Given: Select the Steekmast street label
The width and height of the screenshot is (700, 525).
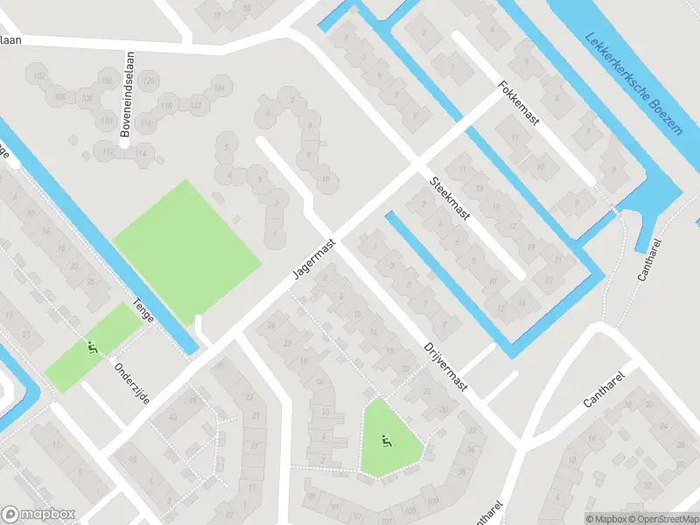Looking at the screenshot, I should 450,199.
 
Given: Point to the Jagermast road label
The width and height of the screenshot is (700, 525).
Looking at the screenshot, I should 314,260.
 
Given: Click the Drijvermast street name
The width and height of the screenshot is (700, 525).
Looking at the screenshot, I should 446,366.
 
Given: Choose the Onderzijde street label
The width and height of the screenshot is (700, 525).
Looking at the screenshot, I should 132,384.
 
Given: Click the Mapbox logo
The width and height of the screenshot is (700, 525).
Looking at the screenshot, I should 38,514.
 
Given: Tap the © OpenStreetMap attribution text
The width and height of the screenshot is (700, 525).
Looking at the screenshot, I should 656,519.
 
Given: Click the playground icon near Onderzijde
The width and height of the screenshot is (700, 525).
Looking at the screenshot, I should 92,348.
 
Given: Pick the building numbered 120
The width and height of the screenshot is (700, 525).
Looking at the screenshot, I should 149,82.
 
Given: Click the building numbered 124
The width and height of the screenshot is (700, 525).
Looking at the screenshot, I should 220,88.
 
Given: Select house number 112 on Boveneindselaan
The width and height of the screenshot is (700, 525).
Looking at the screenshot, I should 108,151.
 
